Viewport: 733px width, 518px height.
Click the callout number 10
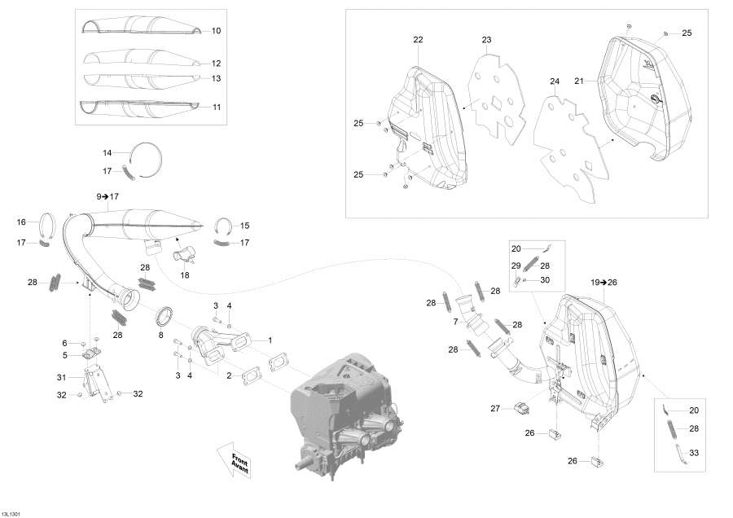[216, 31]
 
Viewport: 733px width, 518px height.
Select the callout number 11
[216, 108]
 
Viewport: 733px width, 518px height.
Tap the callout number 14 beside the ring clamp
[107, 153]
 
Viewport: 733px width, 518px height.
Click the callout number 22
[418, 40]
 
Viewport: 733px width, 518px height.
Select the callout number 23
[486, 40]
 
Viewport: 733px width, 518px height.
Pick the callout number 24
[555, 81]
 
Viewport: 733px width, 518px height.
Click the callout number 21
[580, 81]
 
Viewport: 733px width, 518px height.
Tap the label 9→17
[108, 196]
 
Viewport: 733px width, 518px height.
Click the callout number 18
[185, 276]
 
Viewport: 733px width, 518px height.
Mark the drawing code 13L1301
[13, 513]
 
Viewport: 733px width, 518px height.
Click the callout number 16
[22, 222]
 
